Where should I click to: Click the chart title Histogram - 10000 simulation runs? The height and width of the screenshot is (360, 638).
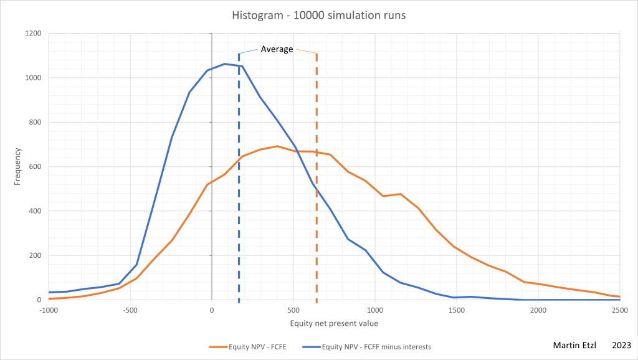318,15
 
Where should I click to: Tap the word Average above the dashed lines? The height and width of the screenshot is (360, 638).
277,49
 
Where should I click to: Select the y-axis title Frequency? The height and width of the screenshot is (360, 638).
18,167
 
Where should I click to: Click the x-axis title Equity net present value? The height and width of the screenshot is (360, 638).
334,323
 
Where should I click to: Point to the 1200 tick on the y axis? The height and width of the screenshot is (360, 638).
33,34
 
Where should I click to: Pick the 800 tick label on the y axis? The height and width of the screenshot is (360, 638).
35,122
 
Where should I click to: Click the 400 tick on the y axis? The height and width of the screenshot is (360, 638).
35,211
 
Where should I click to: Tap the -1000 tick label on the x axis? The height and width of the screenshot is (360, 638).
49,310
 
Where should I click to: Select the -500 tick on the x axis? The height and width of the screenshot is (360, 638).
130,310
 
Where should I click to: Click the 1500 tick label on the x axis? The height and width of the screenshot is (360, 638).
457,310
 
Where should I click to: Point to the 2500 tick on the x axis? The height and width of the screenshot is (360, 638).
619,310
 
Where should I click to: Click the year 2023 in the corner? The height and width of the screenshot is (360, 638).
622,345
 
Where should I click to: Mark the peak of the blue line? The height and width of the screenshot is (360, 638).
225,64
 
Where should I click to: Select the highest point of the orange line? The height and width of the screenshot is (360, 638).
277,146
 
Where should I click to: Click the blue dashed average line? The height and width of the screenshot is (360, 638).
239,187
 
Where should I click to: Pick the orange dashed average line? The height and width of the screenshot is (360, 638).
317,187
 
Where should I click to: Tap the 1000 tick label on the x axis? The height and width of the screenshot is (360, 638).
375,310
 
